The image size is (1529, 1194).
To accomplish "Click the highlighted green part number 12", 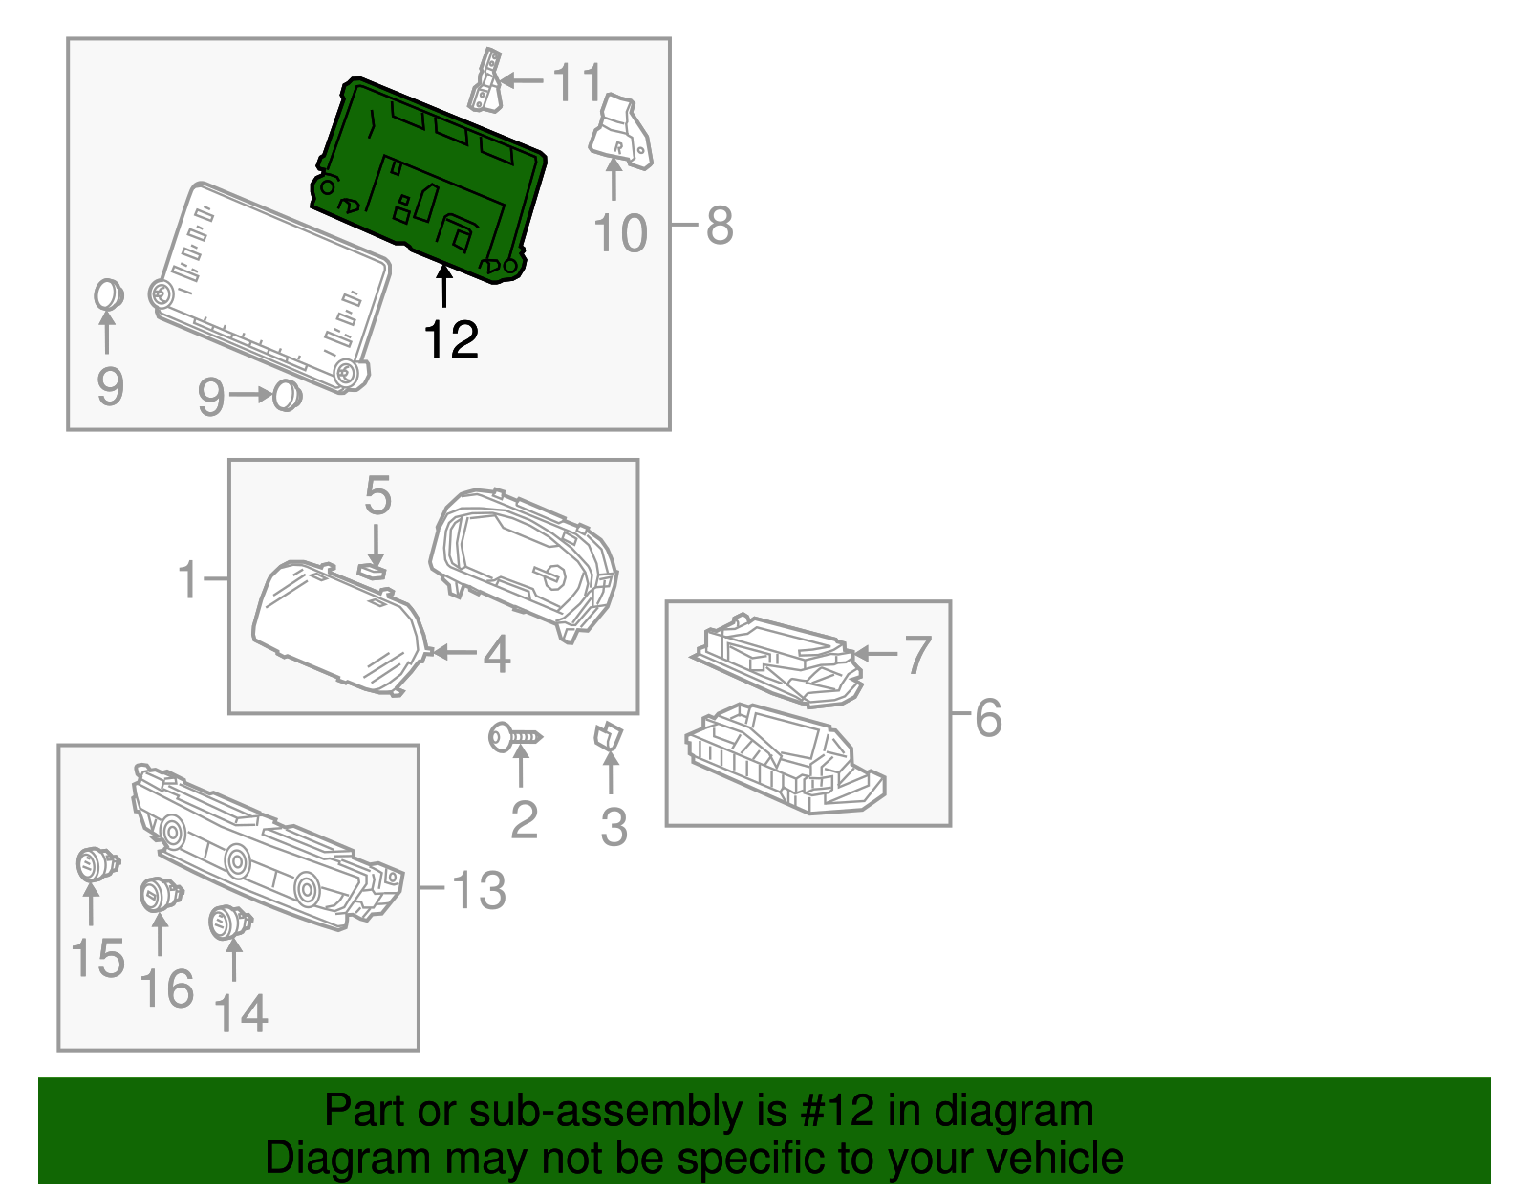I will pos(430,182).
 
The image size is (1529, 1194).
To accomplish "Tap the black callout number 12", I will pos(451,340).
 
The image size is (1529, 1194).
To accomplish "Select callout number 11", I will pos(578,82).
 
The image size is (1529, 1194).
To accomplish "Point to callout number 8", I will pos(720,226).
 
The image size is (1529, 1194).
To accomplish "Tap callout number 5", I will pos(377,497).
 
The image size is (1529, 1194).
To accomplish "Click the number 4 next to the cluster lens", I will pos(496,655).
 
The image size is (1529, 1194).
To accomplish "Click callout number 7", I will pos(917,655).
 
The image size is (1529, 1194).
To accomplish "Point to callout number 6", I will pos(988,718).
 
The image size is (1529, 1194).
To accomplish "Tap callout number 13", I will pos(478,890).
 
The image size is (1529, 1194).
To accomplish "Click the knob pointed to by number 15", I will pos(97,865).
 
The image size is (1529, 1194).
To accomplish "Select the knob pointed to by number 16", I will pos(160,896).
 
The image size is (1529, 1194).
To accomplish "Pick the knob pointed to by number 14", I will pos(229,923).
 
